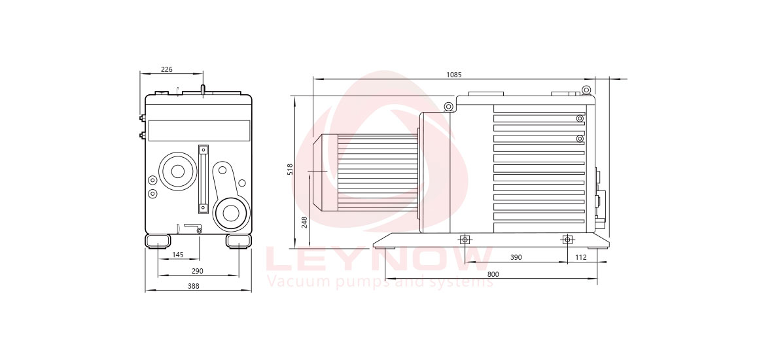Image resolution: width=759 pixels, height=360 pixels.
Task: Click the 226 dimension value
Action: click(166, 70)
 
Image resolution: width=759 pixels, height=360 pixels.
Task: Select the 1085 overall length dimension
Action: click(454, 75)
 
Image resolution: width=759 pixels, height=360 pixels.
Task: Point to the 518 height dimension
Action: click(290, 169)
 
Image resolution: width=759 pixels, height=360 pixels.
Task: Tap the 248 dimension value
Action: click(304, 222)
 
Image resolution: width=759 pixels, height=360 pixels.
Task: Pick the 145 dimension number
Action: click(178, 255)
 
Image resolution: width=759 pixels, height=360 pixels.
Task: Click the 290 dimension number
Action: click(198, 271)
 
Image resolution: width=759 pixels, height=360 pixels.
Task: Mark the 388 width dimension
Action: click(194, 286)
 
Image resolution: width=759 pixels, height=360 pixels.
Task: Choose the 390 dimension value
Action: click(516, 258)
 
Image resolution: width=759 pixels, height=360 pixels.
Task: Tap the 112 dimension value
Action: click(581, 258)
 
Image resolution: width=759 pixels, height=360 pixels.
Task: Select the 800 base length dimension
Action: click(493, 274)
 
